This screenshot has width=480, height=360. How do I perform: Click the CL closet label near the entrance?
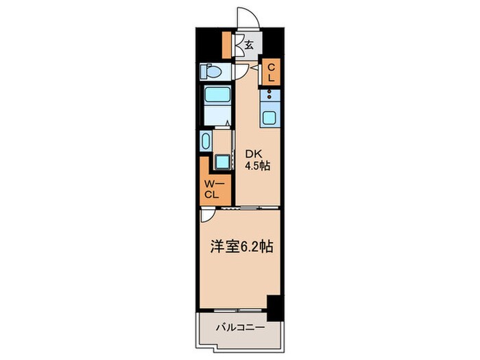click(271, 73)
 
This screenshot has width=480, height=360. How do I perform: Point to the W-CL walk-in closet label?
click(211, 189)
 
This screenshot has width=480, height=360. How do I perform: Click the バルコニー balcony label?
click(239, 328)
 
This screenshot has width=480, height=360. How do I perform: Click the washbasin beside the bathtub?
click(206, 142)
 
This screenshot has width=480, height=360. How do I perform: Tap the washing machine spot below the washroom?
click(222, 162)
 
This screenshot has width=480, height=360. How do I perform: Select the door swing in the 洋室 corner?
click(207, 215)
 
